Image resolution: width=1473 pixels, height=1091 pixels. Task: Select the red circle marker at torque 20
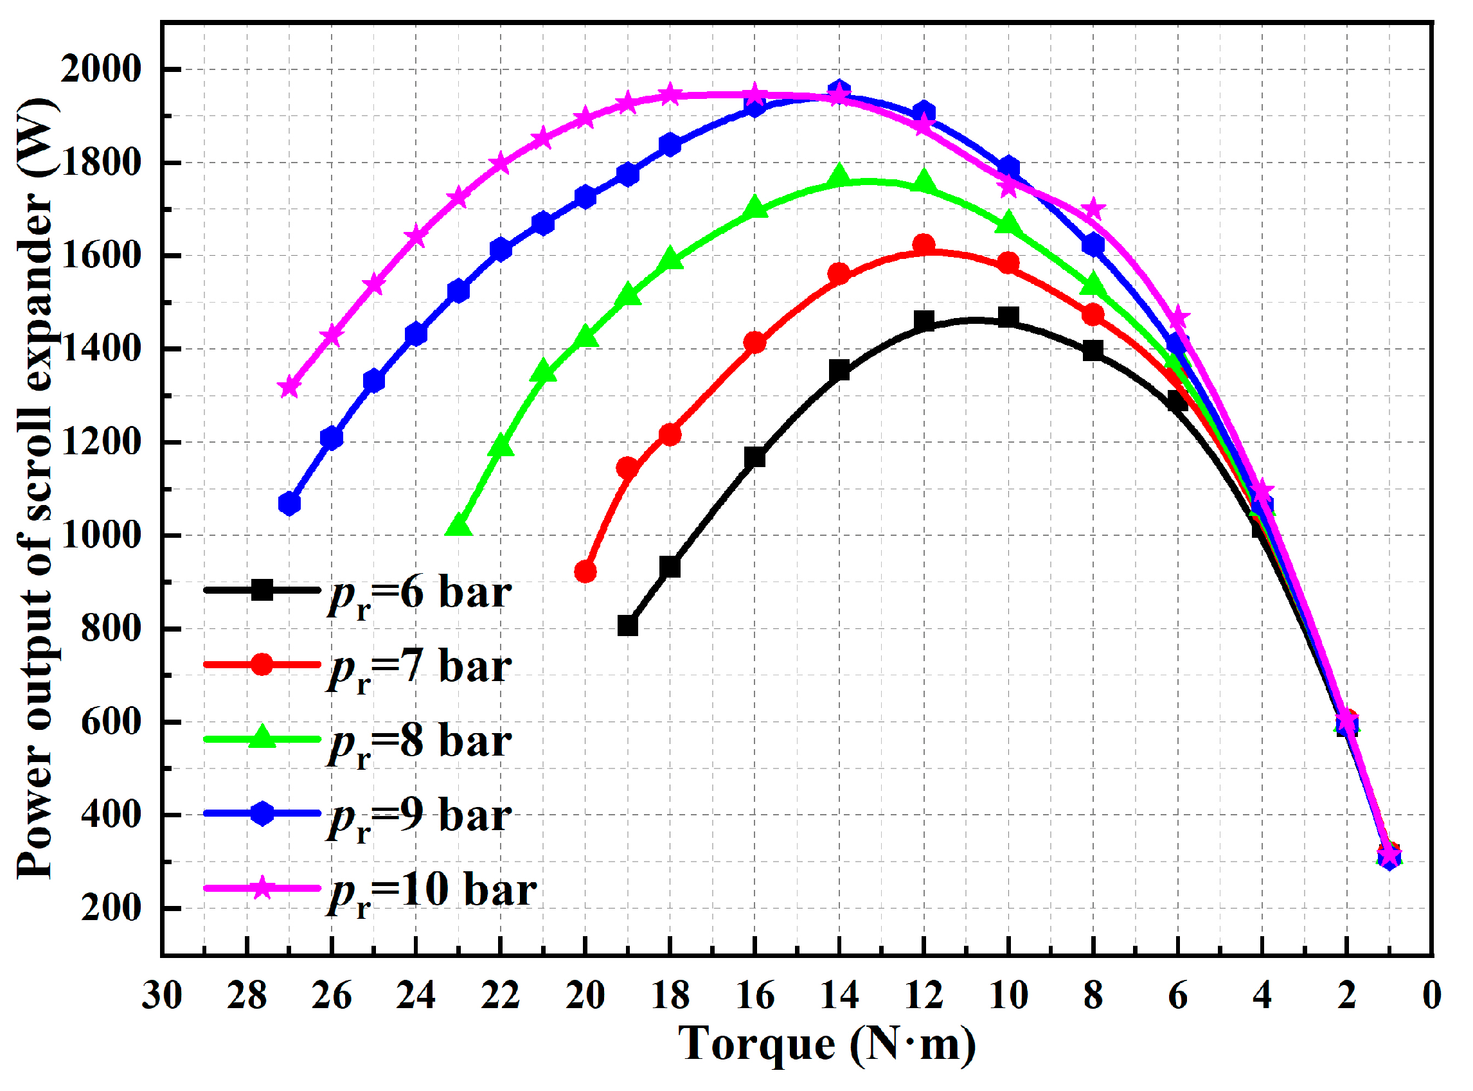[586, 572]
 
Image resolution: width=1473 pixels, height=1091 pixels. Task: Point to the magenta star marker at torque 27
[289, 387]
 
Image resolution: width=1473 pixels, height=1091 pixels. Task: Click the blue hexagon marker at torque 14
[839, 91]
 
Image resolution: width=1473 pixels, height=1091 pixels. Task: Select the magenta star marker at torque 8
[1094, 209]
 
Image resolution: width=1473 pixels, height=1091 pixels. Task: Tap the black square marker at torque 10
[1008, 317]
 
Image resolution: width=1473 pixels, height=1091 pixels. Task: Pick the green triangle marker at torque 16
[755, 209]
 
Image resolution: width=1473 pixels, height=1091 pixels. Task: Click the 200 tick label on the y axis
[111, 909]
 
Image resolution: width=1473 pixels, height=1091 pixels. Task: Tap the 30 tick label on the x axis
[162, 997]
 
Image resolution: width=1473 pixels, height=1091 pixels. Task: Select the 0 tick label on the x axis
[1431, 997]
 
